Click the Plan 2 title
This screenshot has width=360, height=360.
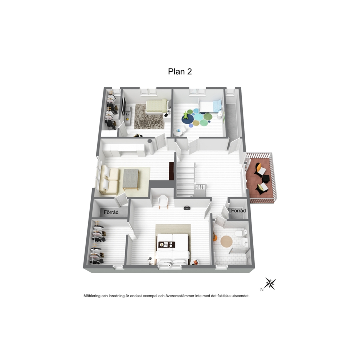(x=180, y=71)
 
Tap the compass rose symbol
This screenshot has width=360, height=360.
(x=270, y=283)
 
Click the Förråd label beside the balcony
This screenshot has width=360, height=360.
(x=238, y=210)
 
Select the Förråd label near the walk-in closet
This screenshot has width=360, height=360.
(x=111, y=212)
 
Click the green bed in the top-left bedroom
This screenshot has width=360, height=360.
(x=157, y=106)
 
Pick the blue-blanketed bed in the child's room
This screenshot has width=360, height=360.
(x=210, y=106)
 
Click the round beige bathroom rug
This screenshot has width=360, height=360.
(x=226, y=242)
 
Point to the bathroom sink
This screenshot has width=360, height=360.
(x=244, y=242)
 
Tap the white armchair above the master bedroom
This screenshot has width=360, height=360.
(x=163, y=201)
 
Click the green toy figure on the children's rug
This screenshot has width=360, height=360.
(x=186, y=115)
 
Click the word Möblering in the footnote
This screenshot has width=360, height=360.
(x=92, y=296)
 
